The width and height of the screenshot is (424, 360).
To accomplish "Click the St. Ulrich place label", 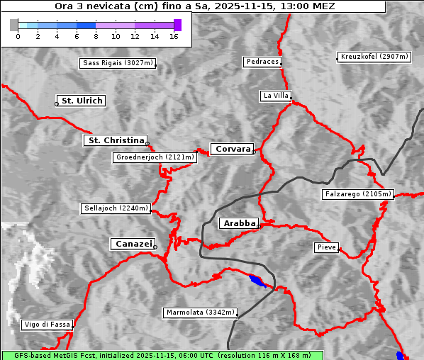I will [x=82, y=101].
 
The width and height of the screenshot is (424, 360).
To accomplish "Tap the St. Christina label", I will [x=116, y=140].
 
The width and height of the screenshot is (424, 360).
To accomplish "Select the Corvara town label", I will [x=233, y=149].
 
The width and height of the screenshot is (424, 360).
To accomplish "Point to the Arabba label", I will [x=239, y=223].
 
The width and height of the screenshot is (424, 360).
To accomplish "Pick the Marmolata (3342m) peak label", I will [x=200, y=313].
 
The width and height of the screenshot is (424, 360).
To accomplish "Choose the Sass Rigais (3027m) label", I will [x=118, y=63].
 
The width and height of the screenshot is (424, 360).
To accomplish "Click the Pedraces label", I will [x=262, y=62].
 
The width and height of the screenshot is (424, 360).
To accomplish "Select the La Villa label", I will [x=275, y=96].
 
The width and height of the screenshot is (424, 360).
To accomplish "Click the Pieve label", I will [x=326, y=247].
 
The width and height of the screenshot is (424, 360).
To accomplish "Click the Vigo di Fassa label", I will [x=48, y=325].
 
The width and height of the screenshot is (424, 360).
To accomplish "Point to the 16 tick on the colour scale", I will [x=174, y=36].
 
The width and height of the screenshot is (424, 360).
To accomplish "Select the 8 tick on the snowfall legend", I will [x=96, y=36].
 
